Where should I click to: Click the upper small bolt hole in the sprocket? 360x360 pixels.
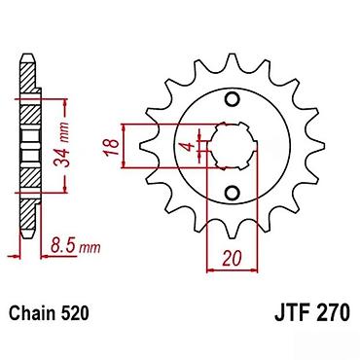pyautogui.click(x=233, y=99)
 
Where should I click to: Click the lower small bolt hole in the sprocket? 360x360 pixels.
pyautogui.click(x=233, y=193)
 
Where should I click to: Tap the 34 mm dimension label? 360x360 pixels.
pyautogui.click(x=61, y=144)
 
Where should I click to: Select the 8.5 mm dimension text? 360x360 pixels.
pyautogui.click(x=75, y=248)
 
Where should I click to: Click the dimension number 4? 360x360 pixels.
pyautogui.click(x=189, y=146)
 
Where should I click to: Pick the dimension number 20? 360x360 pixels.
pyautogui.click(x=232, y=258)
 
